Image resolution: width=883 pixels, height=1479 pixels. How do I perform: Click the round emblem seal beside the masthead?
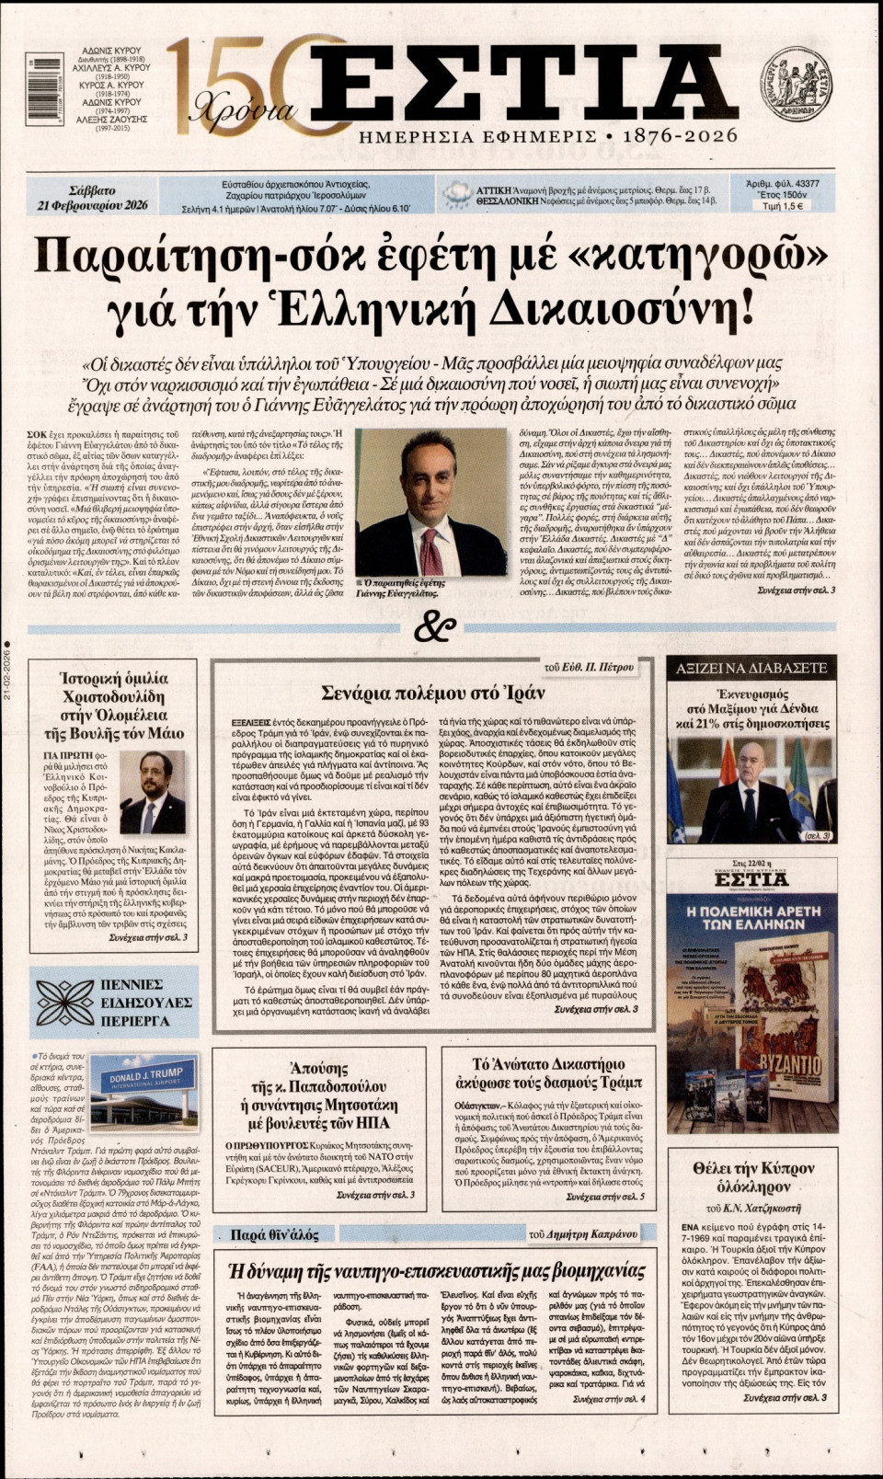(x=796, y=81)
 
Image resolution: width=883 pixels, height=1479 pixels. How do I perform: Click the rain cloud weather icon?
(x=456, y=194)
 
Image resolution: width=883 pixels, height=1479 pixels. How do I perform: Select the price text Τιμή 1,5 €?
(x=784, y=207)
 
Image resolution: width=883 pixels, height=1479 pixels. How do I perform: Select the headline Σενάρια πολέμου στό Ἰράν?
(x=433, y=693)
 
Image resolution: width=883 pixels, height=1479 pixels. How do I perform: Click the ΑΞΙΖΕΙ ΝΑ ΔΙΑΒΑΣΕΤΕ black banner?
(x=751, y=668)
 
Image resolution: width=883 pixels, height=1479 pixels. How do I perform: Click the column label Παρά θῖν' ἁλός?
(x=275, y=1234)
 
